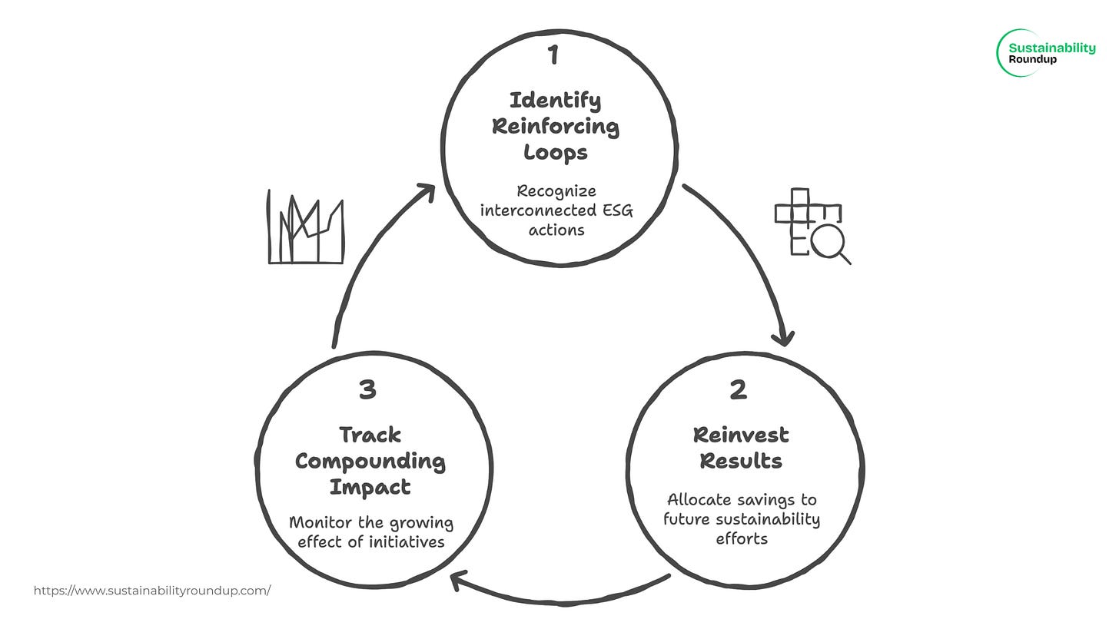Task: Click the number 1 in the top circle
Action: [553, 55]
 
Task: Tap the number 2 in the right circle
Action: [738, 390]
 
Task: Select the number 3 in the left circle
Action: [367, 390]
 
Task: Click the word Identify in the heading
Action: [555, 100]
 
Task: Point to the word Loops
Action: [555, 152]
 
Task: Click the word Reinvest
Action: [741, 435]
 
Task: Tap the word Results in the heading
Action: [741, 461]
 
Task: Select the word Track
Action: [370, 435]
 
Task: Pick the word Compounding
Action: [370, 461]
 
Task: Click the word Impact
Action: [370, 487]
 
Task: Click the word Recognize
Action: [556, 190]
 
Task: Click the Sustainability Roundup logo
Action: [1046, 52]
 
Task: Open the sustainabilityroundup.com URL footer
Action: [152, 591]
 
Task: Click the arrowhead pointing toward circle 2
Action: [785, 337]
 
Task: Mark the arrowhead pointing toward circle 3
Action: [459, 581]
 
